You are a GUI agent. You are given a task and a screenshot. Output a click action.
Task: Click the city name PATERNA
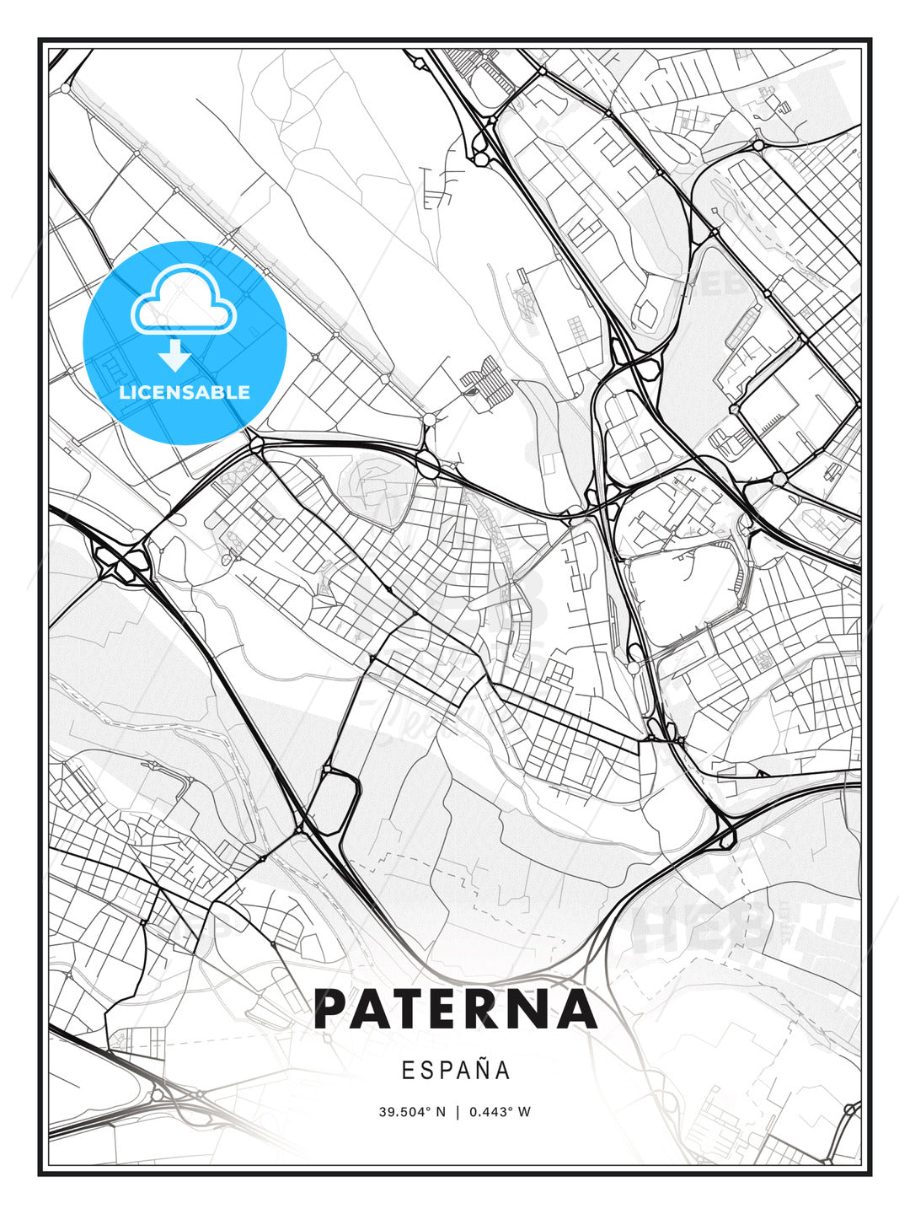(x=455, y=1008)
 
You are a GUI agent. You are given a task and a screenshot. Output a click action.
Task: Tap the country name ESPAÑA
(x=455, y=1070)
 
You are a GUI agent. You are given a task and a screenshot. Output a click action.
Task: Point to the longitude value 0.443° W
(x=500, y=1111)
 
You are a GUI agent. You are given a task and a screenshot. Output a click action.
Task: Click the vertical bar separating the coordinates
(x=458, y=1111)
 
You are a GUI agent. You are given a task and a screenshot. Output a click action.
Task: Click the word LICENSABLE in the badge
(x=185, y=392)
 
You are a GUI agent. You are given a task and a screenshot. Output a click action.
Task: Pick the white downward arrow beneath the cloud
(x=175, y=356)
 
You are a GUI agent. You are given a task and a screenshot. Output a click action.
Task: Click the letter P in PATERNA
(x=333, y=1008)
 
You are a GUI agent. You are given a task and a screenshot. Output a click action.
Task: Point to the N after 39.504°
(x=440, y=1111)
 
